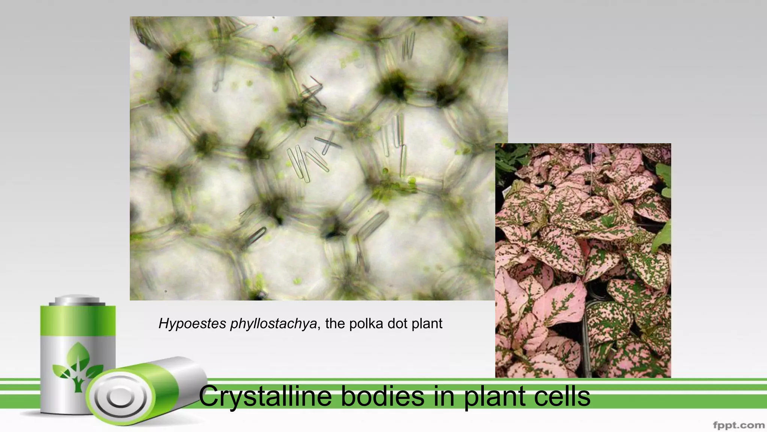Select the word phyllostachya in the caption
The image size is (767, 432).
(273, 323)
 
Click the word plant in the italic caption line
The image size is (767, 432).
(427, 323)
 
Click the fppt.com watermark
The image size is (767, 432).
(739, 425)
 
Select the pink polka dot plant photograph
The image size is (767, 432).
(583, 260)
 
